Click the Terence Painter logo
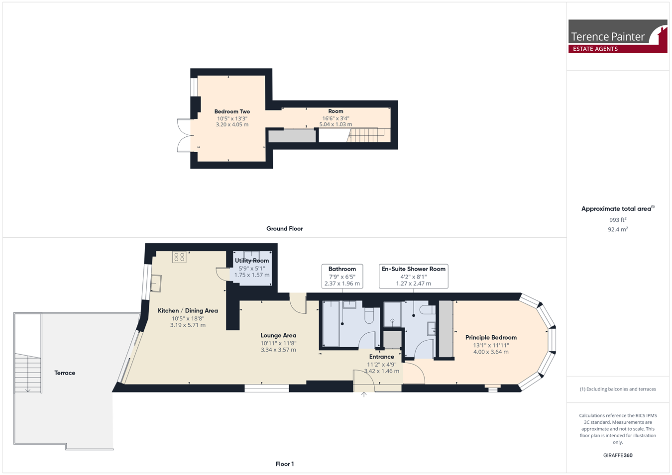click(x=617, y=36)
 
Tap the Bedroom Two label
click(x=232, y=111)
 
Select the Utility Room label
click(x=252, y=261)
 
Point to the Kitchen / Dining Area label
click(x=188, y=310)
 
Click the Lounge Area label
click(x=278, y=335)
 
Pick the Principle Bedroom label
click(x=491, y=337)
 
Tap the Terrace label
click(x=65, y=373)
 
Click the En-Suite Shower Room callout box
click(x=413, y=277)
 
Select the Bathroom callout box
click(x=342, y=277)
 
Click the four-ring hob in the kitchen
click(x=179, y=257)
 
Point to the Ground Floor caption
click(x=284, y=229)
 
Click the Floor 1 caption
click(x=285, y=464)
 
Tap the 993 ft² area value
click(x=618, y=220)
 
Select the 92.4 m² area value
click(x=618, y=229)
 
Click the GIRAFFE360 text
click(x=618, y=455)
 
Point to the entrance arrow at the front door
click(x=363, y=394)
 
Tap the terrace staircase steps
click(x=27, y=373)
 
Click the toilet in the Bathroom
click(x=369, y=315)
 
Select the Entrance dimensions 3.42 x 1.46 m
click(x=382, y=371)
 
